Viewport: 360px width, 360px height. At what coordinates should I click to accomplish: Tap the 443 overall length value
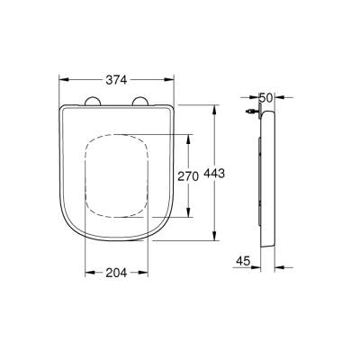(236, 173)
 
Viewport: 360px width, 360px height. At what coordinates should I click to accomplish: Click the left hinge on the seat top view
(93, 103)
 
